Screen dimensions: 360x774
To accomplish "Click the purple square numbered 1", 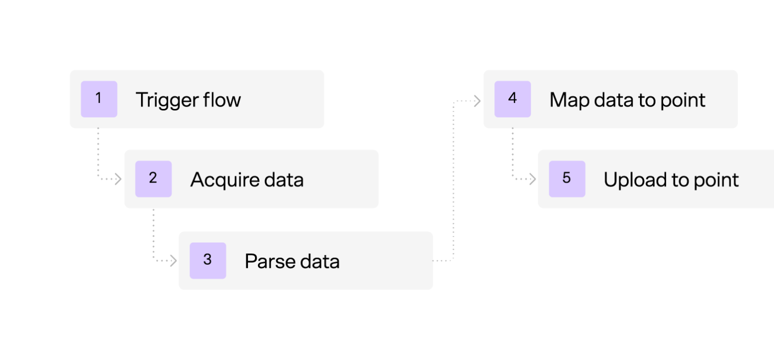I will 99,99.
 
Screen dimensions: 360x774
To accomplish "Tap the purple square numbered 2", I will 153,178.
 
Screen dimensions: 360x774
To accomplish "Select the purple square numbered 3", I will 208,260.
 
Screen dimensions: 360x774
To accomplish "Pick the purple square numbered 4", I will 512,99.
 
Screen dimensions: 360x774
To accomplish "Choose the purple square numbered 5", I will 567,178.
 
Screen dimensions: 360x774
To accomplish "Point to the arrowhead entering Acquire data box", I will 118,178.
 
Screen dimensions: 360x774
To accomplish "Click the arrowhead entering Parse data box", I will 173,260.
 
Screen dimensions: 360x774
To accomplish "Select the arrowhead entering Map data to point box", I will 477,101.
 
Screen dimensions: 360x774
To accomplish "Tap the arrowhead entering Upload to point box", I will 533,178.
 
